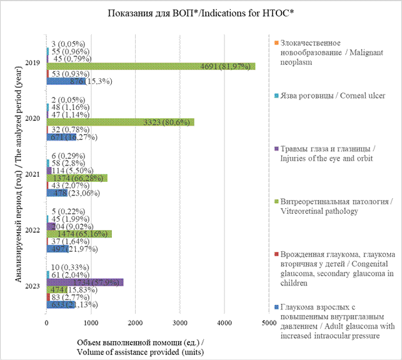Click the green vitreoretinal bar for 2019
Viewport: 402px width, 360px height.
coord(150,66)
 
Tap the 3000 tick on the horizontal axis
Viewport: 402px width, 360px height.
coord(179,322)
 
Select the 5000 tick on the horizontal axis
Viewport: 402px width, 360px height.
coord(268,322)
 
